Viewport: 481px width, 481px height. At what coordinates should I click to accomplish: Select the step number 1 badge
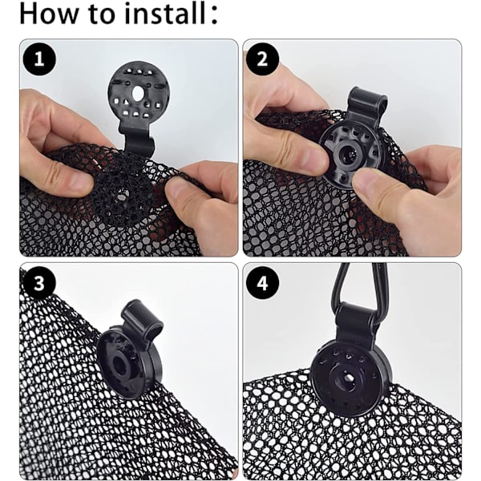pos(39,59)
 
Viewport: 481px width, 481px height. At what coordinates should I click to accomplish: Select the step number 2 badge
pos(262,59)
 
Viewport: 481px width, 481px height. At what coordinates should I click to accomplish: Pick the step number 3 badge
pos(39,282)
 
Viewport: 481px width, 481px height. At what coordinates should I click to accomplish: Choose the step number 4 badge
pos(262,282)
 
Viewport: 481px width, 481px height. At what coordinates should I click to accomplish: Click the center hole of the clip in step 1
pos(138,92)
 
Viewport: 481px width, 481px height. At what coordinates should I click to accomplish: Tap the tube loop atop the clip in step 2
pos(368,101)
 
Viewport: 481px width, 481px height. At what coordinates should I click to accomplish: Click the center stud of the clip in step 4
pos(348,377)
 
